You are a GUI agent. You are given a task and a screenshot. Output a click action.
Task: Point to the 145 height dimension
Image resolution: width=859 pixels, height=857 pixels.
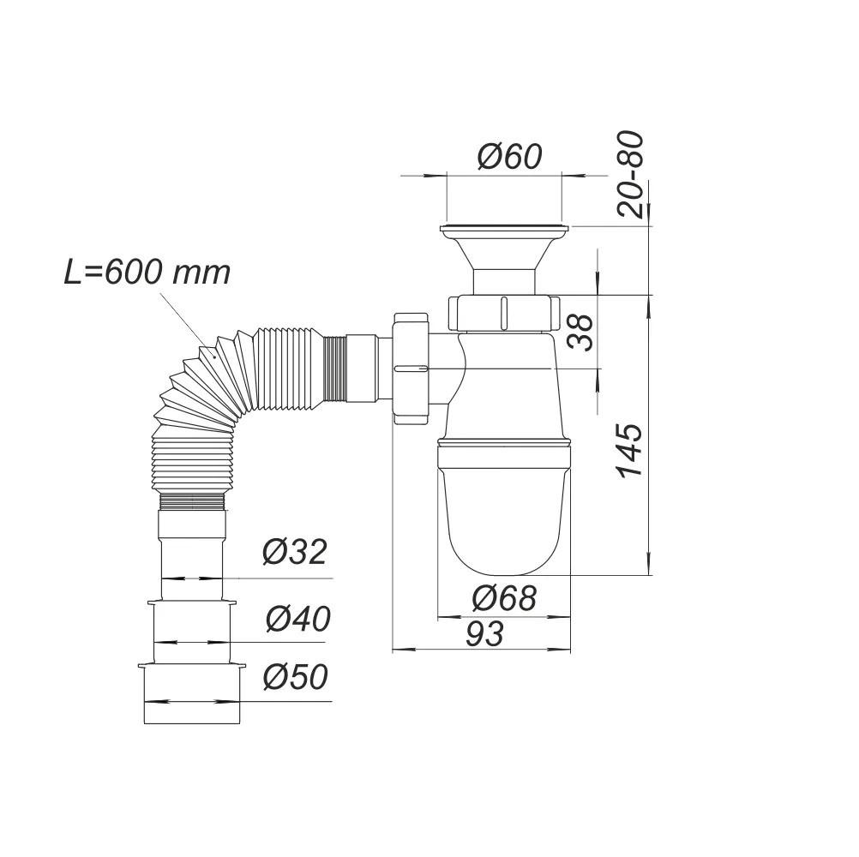pyautogui.click(x=630, y=451)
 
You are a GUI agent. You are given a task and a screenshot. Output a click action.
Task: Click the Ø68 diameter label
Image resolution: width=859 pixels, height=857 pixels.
pyautogui.click(x=503, y=596)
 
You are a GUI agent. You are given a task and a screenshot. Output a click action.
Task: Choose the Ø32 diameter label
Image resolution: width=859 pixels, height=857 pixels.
pyautogui.click(x=294, y=553)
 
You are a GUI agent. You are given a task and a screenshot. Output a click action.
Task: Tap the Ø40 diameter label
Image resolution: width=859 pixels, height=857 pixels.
pyautogui.click(x=297, y=618)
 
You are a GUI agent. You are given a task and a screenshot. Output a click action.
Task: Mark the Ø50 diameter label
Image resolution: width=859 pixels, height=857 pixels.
pyautogui.click(x=295, y=678)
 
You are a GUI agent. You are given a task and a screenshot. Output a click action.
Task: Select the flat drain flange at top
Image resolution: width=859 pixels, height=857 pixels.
pyautogui.click(x=504, y=229)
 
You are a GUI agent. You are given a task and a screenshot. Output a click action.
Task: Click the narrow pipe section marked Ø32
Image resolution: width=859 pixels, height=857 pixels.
pyautogui.click(x=192, y=557)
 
